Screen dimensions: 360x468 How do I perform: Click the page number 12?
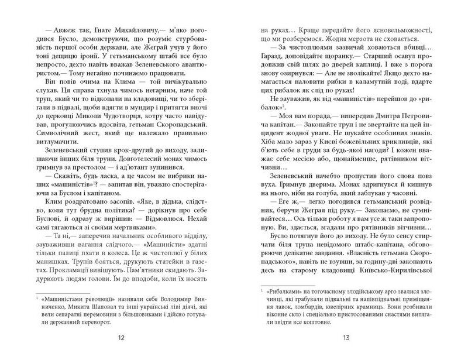(121, 337)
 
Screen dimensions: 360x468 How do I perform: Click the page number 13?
(346, 337)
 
